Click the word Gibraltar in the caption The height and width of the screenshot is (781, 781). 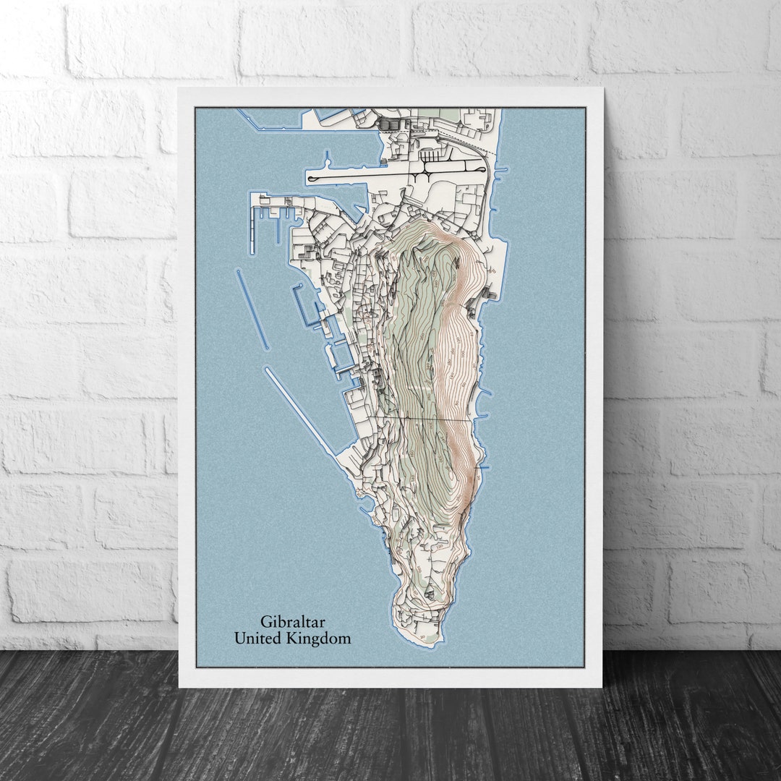pos(294,621)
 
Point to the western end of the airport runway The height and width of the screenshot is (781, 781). pos(311,177)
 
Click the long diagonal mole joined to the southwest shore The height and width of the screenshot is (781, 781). pos(300,412)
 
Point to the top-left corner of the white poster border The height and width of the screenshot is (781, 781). pos(179,89)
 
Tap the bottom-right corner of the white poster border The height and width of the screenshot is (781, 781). pos(602,686)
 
